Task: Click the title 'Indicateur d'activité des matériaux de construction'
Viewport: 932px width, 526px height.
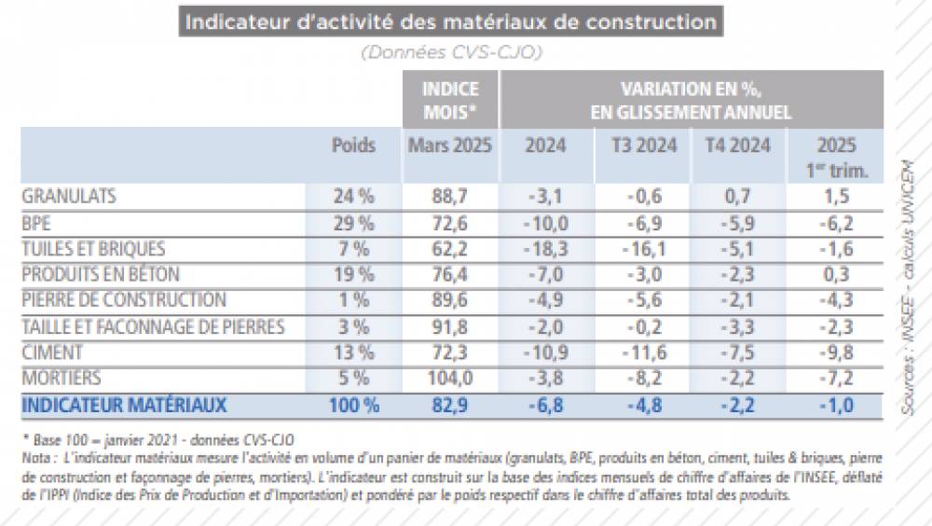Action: click(x=452, y=22)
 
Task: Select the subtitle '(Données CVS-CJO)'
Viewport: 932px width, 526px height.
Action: click(x=451, y=53)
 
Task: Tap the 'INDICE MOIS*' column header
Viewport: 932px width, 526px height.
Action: click(x=450, y=100)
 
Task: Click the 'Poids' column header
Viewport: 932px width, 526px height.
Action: click(x=353, y=145)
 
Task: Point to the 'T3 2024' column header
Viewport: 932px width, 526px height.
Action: click(x=642, y=145)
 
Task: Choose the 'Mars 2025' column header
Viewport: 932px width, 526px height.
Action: click(x=450, y=145)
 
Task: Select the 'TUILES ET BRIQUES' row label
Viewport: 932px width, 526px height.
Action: click(x=93, y=249)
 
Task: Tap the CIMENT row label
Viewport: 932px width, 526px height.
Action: click(x=52, y=353)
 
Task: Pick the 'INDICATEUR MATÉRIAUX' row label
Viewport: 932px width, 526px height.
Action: click(x=124, y=406)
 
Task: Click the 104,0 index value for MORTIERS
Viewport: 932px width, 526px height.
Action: click(x=450, y=380)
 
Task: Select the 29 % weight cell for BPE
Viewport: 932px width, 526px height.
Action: click(x=353, y=223)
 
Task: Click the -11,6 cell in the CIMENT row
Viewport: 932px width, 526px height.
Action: click(x=642, y=353)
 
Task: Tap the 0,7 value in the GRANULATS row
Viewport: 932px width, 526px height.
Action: click(x=738, y=197)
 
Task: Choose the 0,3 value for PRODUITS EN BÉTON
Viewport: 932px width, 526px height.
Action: click(x=836, y=275)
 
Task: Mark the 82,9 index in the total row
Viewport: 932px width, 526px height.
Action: click(x=450, y=406)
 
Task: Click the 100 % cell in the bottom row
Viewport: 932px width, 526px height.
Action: click(x=353, y=406)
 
